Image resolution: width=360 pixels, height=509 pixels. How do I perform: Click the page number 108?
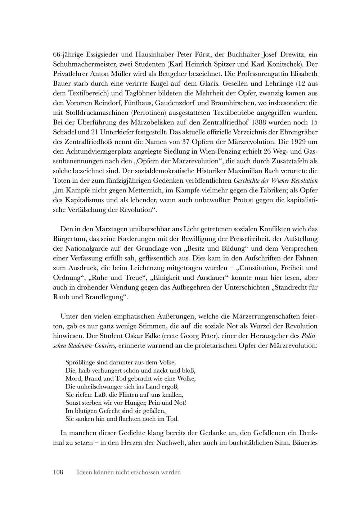(58, 472)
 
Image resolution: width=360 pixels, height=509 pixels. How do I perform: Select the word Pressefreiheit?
(238, 238)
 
